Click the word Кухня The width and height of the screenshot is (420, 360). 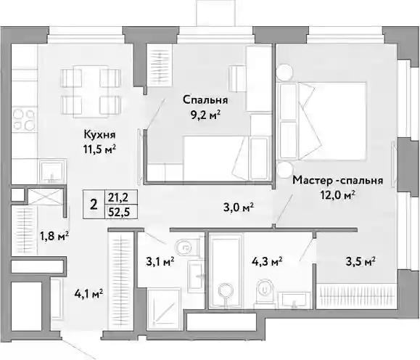coord(99,134)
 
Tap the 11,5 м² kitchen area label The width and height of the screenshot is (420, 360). coord(99,150)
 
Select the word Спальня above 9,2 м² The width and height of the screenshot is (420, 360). coord(205,100)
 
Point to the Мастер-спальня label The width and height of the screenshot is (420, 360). coord(337,180)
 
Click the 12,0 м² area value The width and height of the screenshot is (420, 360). coord(338,195)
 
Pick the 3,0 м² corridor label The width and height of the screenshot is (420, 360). coord(239,208)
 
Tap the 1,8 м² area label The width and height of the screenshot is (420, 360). coord(54,236)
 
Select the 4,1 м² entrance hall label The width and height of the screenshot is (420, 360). coord(88,294)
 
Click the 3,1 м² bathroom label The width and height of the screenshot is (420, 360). coord(160,261)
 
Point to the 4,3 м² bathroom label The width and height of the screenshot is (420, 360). coord(267,261)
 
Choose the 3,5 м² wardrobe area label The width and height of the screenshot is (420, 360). coord(361,261)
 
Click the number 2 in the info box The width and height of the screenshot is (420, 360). coord(94,205)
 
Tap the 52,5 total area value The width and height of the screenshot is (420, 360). coord(119,212)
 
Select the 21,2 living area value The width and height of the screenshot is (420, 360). coord(118,198)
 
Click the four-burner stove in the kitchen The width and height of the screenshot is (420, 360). coord(24,120)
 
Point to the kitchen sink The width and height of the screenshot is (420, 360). coord(52,171)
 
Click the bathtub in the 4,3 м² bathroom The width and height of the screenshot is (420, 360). coord(226,271)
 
